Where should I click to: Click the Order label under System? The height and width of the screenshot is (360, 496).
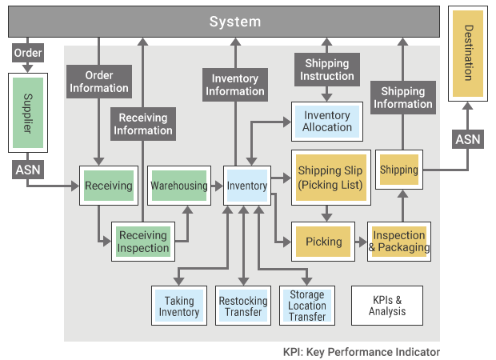27,53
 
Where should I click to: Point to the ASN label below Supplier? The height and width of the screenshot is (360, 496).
26,170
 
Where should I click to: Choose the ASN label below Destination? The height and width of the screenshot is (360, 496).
468,140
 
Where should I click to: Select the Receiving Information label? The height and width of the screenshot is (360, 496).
144,124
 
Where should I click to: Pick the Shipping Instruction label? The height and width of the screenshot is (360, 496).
327,70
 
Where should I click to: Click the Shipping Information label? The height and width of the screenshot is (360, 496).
402,98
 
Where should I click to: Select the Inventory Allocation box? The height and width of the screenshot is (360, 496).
327,122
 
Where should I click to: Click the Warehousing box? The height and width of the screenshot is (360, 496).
179,186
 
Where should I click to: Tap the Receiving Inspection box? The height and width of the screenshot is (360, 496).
143,242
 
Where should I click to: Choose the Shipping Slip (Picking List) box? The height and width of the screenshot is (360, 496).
330,178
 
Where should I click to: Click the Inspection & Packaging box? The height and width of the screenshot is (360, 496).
399,242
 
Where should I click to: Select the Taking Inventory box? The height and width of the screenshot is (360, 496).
179,305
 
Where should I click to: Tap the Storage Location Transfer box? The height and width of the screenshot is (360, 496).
307,305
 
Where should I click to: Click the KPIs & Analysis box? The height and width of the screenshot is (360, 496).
387,305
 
